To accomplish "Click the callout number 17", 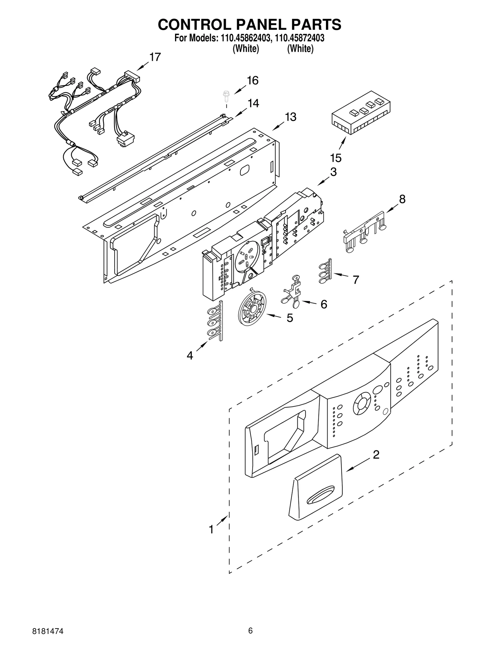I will pyautogui.click(x=155, y=57).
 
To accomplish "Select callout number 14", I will pyautogui.click(x=253, y=103).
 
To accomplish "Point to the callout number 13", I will pyautogui.click(x=290, y=117).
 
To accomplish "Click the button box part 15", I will pyautogui.click(x=361, y=113).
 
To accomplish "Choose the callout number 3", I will pyautogui.click(x=333, y=172).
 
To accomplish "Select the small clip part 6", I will pyautogui.click(x=293, y=291).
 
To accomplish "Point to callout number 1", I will pyautogui.click(x=211, y=529).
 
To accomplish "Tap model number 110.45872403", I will pyautogui.click(x=299, y=38).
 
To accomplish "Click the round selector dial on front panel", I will pyautogui.click(x=362, y=405).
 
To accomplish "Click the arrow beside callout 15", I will pyautogui.click(x=343, y=143).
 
